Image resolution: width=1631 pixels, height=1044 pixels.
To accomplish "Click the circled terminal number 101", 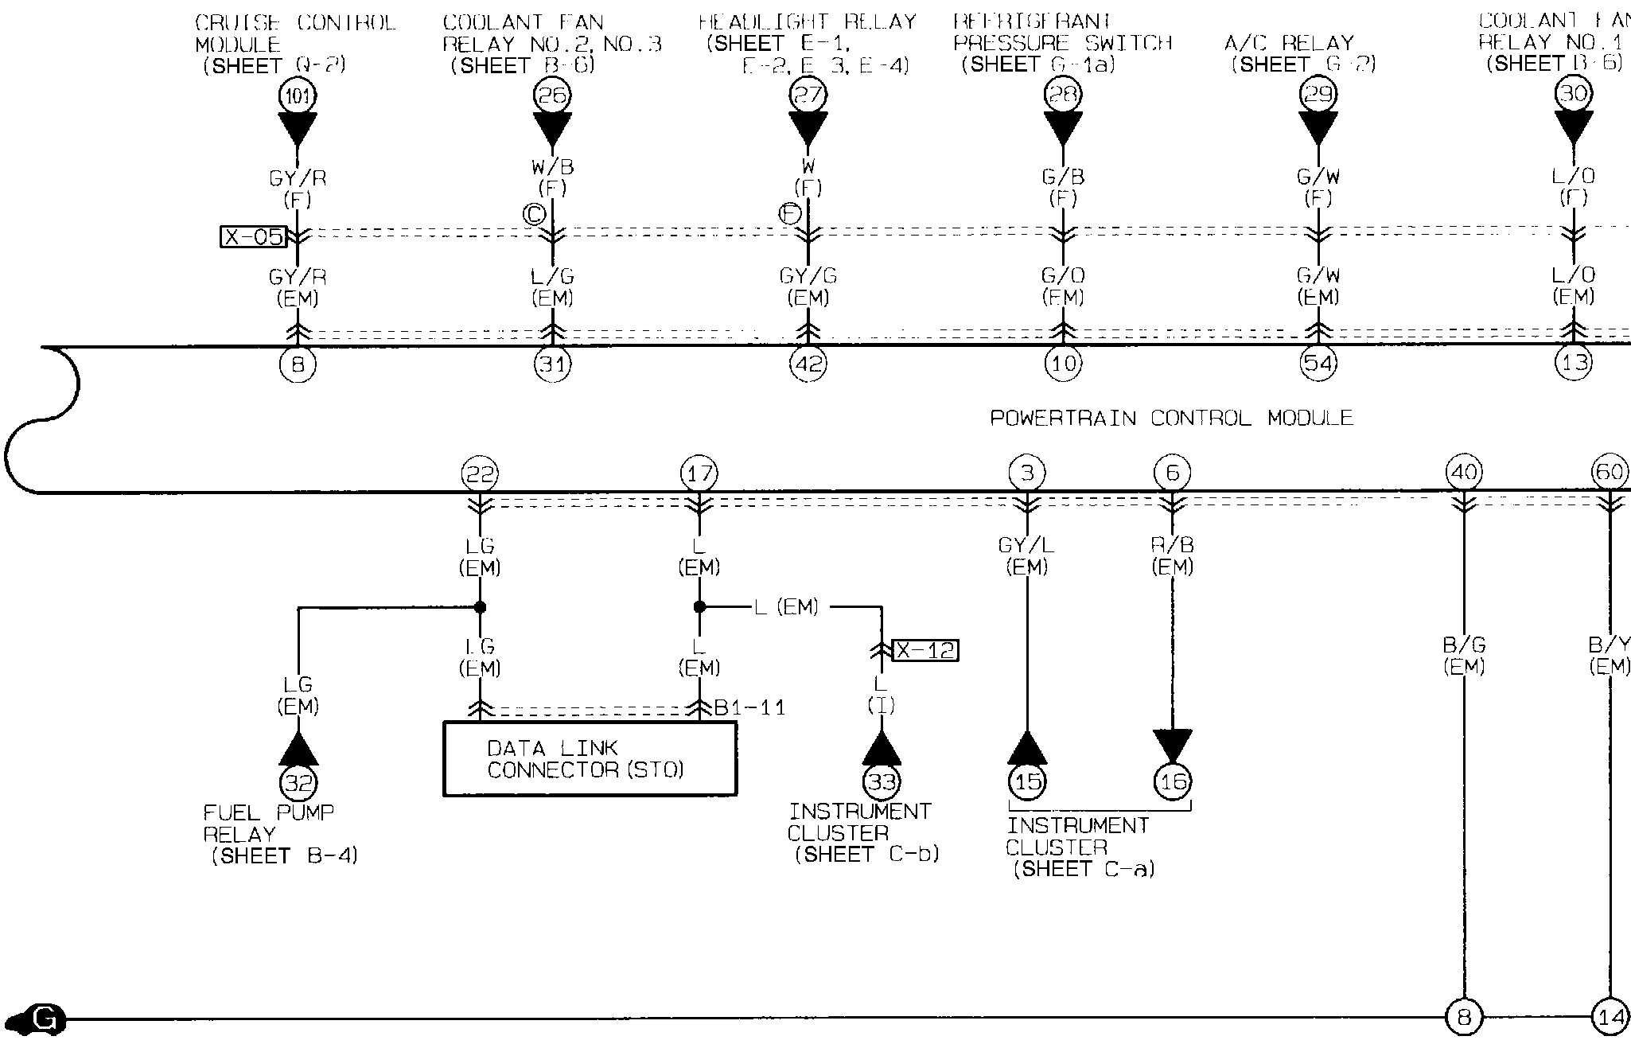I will pos(298,96).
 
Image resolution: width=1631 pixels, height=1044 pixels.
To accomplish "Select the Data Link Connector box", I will pos(590,758).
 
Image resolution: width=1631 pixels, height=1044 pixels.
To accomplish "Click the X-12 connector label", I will pos(924,650).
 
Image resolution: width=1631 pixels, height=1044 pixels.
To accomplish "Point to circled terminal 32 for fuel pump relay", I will pos(298,784).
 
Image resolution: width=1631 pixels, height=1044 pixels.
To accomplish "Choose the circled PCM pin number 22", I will pos(480,474).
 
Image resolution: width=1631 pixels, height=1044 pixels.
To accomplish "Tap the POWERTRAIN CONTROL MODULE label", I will pos(1171,418).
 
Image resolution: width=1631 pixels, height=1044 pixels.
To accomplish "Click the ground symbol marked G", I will pos(44,1018).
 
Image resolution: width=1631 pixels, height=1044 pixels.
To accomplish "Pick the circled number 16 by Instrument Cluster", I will pos(1173,782).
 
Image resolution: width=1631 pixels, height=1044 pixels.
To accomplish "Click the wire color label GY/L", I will pos(1026,546).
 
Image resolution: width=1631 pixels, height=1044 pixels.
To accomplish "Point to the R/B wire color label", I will pos(1172,546).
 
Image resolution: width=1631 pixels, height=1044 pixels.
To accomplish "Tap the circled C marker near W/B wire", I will pos(533,214).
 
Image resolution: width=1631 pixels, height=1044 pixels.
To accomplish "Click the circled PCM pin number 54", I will pos(1318,364).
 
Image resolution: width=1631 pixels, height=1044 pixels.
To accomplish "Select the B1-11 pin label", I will pos(749,707).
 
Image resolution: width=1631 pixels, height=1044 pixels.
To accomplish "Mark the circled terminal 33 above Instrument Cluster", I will pos(882,782).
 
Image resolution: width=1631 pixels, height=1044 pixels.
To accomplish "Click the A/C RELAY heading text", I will pos(1289,42).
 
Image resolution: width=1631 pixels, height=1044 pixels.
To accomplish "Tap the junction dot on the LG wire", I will pos(480,607).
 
